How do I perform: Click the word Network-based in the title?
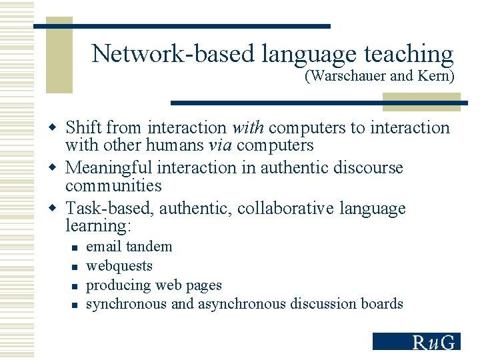tap(173, 53)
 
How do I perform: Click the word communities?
tap(113, 185)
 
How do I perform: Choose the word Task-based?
tap(111, 208)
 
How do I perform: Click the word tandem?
tap(149, 247)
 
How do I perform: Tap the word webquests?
tap(119, 266)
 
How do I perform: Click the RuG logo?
tap(416, 341)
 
